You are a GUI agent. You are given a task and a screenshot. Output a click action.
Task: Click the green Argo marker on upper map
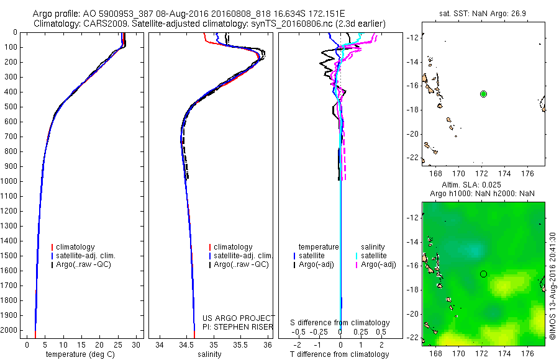click(x=483, y=94)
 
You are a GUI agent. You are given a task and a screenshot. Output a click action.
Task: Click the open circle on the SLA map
click(x=483, y=274)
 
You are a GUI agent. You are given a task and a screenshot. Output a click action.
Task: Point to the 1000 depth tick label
click(x=11, y=181)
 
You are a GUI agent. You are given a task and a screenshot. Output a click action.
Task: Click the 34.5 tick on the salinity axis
click(x=186, y=344)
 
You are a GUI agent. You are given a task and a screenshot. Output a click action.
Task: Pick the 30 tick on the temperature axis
click(x=135, y=344)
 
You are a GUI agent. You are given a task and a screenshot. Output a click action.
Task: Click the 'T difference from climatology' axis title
click(x=340, y=354)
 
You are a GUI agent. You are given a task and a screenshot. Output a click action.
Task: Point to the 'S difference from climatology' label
click(x=340, y=323)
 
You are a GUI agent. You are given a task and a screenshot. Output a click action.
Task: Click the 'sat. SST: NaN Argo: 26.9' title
click(x=483, y=12)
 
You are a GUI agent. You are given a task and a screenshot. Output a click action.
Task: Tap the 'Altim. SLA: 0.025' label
click(x=483, y=185)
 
